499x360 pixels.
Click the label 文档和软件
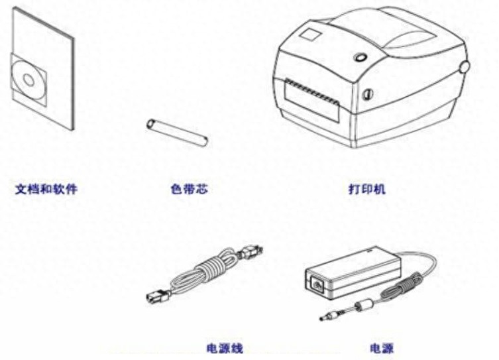coord(46,189)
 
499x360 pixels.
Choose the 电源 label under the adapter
coord(382,347)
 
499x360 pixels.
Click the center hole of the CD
coord(28,80)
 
